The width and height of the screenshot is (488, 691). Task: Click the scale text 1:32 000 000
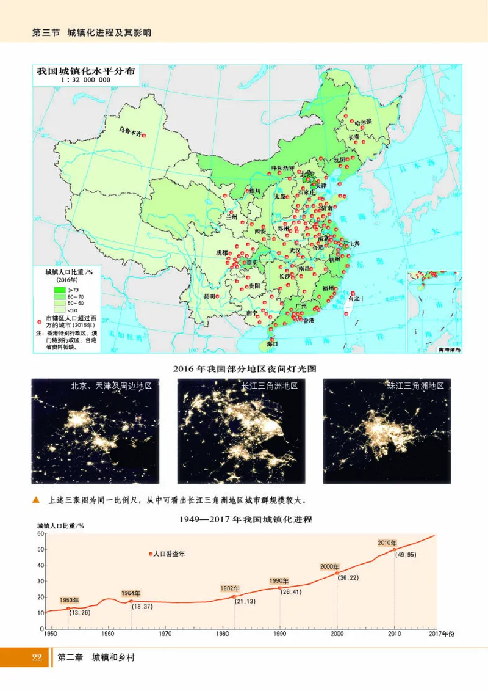click(x=85, y=80)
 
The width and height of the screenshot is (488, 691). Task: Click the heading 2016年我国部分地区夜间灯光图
click(x=244, y=369)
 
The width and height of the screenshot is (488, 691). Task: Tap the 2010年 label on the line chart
click(x=387, y=543)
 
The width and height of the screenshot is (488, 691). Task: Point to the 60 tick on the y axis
click(x=40, y=533)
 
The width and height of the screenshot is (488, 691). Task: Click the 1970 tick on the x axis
click(x=165, y=635)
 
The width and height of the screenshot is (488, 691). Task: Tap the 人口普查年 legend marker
click(x=150, y=554)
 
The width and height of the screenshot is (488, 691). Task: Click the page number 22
click(x=37, y=659)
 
